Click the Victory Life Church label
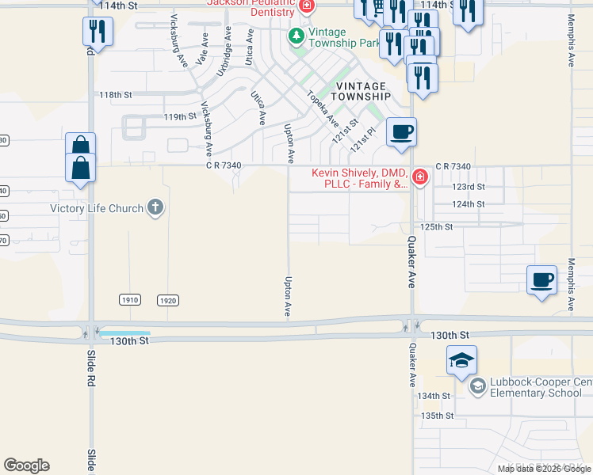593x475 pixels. [x=97, y=209]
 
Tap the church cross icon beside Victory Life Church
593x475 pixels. [x=155, y=209]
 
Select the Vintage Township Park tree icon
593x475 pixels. [x=296, y=36]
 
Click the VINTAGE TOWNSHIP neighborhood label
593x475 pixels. [x=363, y=91]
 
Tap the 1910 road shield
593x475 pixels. [x=131, y=300]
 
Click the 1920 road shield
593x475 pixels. [x=167, y=300]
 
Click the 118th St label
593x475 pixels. [x=115, y=95]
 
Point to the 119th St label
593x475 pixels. [x=179, y=116]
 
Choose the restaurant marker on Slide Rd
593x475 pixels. [x=98, y=31]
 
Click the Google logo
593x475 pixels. [x=26, y=465]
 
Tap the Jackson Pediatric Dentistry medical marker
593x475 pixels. [x=307, y=6]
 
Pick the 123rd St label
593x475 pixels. [x=468, y=187]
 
